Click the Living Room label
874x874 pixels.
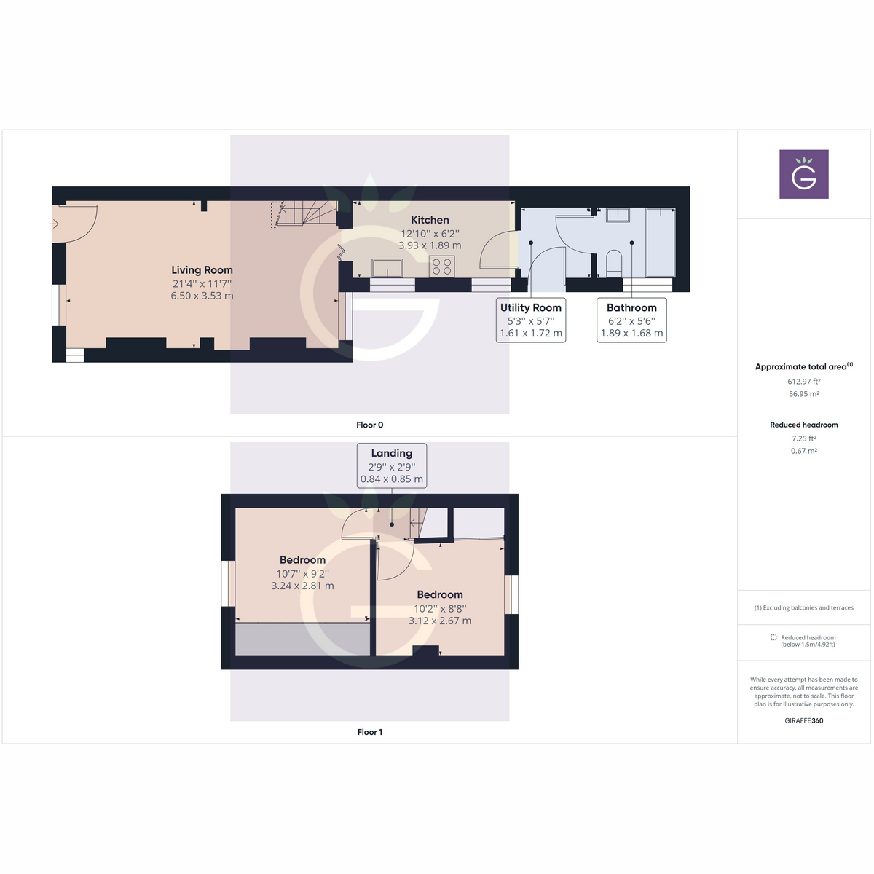[x=202, y=270]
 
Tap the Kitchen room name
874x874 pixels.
[x=430, y=220]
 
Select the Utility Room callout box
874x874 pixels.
[x=531, y=320]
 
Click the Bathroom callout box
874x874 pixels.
[x=631, y=320]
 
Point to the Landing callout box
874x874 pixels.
[x=392, y=465]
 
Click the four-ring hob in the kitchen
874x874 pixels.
[x=442, y=266]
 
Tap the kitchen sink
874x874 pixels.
[x=387, y=268]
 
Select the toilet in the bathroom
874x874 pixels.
[x=614, y=263]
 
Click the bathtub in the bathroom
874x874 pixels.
[x=661, y=243]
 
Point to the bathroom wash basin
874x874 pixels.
[x=618, y=214]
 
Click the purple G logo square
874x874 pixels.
[x=804, y=174]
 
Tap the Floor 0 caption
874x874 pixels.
[x=370, y=425]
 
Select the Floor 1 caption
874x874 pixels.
[x=370, y=732]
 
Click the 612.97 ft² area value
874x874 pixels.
[x=804, y=382]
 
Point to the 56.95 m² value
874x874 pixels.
[x=804, y=394]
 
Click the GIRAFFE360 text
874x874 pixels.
[x=804, y=721]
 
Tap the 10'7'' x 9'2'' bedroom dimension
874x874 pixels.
[x=302, y=574]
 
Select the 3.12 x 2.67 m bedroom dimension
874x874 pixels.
[x=440, y=621]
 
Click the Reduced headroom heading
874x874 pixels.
[x=804, y=425]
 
